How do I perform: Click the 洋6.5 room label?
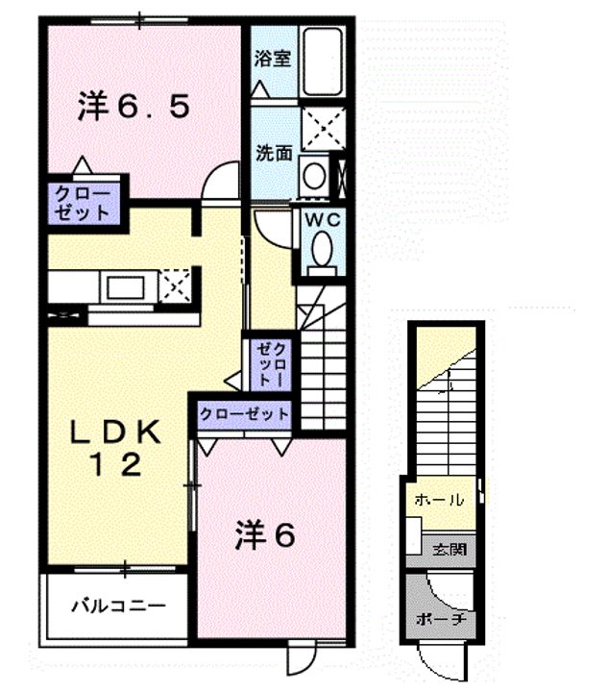[134, 106]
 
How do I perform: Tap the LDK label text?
[115, 432]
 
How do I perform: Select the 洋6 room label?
[265, 534]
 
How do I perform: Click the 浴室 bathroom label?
[273, 60]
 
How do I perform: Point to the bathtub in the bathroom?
[323, 62]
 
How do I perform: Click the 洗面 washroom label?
[275, 153]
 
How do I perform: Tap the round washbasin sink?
[314, 176]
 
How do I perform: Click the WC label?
[323, 219]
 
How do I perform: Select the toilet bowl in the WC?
[322, 250]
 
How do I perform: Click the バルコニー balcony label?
[119, 605]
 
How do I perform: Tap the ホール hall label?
[439, 500]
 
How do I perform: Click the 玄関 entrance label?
[449, 550]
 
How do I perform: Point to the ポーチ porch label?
[441, 619]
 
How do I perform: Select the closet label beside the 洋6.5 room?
[83, 204]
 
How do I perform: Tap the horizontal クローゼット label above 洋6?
[244, 414]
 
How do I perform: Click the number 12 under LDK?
[115, 464]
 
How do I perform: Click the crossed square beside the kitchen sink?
[175, 286]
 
